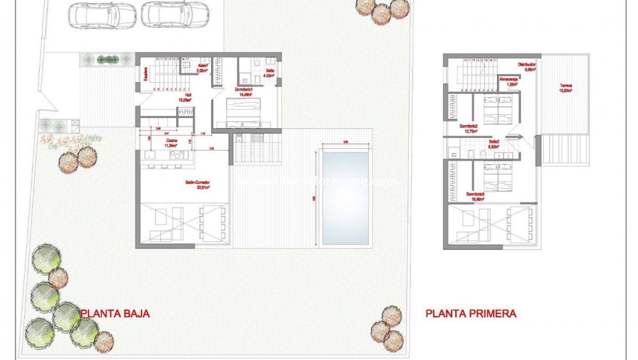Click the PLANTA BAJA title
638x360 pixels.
click(116, 313)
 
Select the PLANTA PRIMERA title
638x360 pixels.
click(471, 313)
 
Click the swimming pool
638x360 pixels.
click(345, 197)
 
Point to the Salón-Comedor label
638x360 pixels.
click(197, 185)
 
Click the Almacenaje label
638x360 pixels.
click(508, 81)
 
